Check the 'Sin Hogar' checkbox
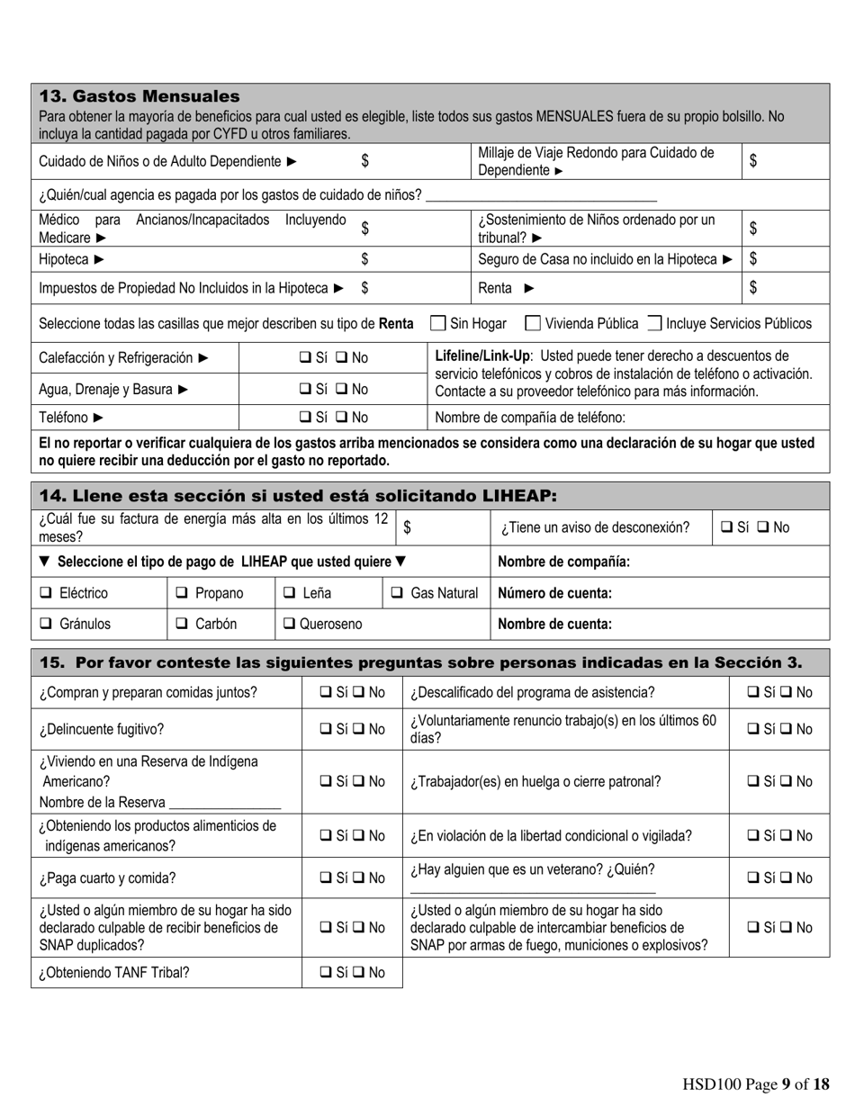point(438,323)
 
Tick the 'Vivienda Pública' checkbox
point(533,323)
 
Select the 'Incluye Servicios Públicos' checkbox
point(654,323)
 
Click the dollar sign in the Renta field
point(753,288)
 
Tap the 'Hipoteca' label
point(65,259)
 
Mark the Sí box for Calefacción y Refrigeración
point(304,358)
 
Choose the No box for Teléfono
point(342,418)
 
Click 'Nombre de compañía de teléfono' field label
point(529,418)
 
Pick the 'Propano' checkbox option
point(181,593)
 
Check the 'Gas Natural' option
point(397,593)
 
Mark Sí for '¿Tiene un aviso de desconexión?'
point(726,528)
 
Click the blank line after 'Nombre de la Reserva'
point(225,803)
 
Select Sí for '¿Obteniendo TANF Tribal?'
point(326,972)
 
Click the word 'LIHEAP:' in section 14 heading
point(520,496)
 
